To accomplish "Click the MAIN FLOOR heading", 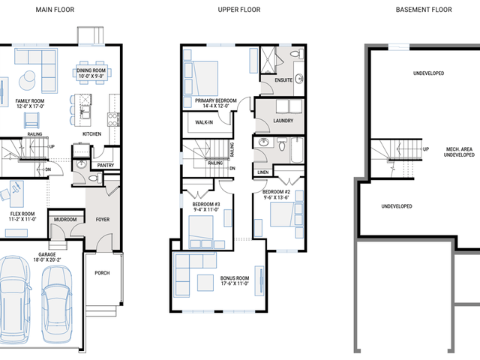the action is pos(55,10).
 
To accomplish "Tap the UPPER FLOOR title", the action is pos(239,10).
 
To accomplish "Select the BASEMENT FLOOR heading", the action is pos(424,10).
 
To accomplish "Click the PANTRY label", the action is pos(106,165).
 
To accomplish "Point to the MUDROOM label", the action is pos(65,220).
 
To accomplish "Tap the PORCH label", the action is pos(102,273).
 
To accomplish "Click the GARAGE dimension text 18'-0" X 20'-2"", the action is pos(47,260).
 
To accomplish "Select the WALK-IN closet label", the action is pos(204,122).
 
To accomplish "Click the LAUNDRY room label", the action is pos(283,121).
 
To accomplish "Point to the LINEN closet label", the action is pos(263,172).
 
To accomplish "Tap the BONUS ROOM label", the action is pos(235,278).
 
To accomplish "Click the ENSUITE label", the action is pos(283,80).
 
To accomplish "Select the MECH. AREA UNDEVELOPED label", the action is pos(459,151).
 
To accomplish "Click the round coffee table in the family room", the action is pos(28,81).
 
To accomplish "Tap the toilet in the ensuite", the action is pos(296,54).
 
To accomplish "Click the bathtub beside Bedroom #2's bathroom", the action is pos(297,150).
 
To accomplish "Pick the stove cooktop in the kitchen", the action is pos(113,119).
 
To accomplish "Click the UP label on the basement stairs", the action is pos(426,149).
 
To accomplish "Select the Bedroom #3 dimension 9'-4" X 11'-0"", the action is pos(206,210).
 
